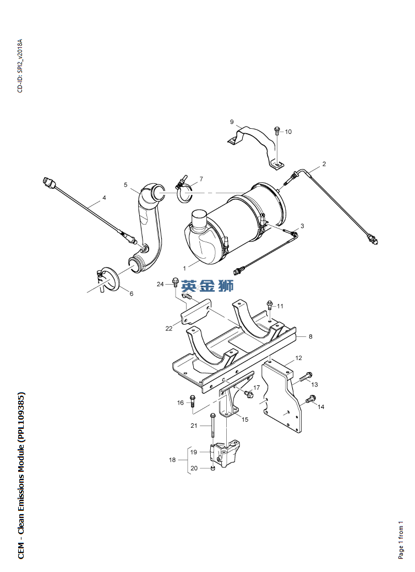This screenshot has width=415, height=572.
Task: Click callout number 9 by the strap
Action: click(232, 122)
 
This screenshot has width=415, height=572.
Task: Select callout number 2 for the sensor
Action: click(324, 164)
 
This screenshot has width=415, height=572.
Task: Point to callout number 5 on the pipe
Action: click(125, 184)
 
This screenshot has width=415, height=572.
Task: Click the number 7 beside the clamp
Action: click(201, 179)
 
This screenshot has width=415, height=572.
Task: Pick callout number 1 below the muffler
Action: click(184, 268)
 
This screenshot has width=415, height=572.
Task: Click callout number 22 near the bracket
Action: click(169, 328)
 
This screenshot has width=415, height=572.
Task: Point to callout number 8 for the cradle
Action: click(311, 336)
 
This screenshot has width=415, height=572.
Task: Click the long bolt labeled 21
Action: click(212, 426)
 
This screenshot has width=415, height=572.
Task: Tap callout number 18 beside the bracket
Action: click(172, 460)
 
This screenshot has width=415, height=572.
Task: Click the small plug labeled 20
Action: click(213, 467)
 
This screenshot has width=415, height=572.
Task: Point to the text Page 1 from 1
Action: click(401, 540)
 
